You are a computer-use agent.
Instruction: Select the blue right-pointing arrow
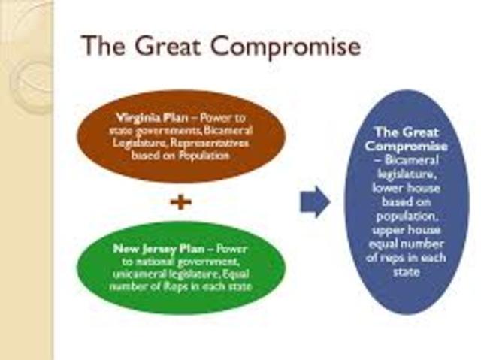click(x=315, y=202)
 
